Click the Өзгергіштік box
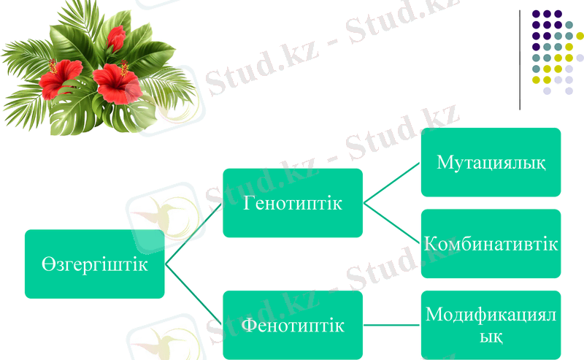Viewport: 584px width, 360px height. pos(94,264)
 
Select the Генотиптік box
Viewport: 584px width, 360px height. pos(292,203)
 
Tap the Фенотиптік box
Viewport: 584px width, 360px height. pos(292,325)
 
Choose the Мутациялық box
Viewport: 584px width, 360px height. pos(491,162)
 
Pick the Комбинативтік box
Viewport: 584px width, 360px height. pos(491,244)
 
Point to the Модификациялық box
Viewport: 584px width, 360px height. pos(491,325)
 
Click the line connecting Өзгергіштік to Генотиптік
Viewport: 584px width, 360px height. pos(193,234)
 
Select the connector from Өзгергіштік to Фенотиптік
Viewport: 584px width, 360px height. pos(193,294)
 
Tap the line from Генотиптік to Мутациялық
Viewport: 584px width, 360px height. pos(392,183)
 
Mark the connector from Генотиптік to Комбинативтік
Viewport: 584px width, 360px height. pos(392,223)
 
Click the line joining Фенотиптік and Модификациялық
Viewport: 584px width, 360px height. pos(392,325)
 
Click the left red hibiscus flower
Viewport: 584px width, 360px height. pos(60,78)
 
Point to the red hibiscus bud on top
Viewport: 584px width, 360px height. pos(115,37)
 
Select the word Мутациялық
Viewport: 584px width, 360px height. pos(491,162)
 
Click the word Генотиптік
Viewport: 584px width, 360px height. pos(292,203)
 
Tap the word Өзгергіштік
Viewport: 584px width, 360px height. pos(94,264)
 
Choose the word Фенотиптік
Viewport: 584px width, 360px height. pos(292,325)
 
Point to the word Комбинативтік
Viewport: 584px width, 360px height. pos(491,244)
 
